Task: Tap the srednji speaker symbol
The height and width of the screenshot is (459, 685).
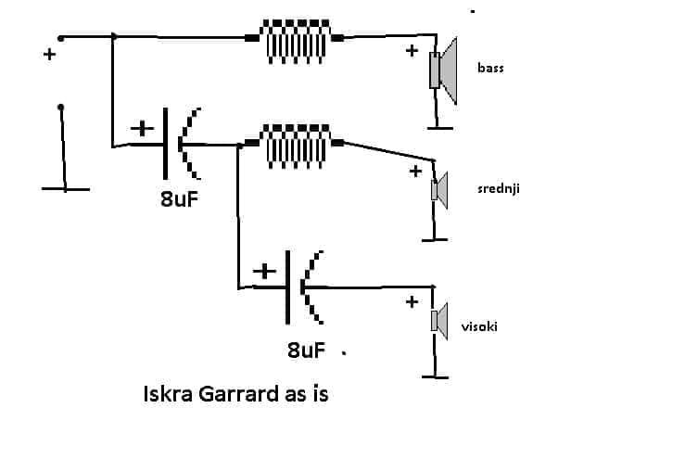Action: point(439,191)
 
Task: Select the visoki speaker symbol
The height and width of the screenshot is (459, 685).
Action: point(439,321)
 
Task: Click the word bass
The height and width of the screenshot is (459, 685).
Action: point(490,69)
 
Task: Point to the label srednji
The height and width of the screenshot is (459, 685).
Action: point(499,188)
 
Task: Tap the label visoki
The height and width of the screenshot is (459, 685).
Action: point(479,326)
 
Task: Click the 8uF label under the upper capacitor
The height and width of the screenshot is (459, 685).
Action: point(180,199)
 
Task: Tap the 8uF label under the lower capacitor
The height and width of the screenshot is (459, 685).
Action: point(306,351)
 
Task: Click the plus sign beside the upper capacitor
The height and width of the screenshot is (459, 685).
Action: point(143,129)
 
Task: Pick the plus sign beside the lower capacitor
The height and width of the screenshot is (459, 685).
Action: point(265,272)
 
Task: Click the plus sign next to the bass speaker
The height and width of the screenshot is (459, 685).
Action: point(412,51)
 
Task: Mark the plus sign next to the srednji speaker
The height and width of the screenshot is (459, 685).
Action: point(415,171)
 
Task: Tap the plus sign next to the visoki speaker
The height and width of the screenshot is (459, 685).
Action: point(412,301)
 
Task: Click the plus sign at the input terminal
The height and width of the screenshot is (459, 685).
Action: point(49,54)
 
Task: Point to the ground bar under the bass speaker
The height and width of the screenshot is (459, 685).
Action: point(440,128)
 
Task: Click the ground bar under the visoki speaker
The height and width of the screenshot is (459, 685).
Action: point(435,376)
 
